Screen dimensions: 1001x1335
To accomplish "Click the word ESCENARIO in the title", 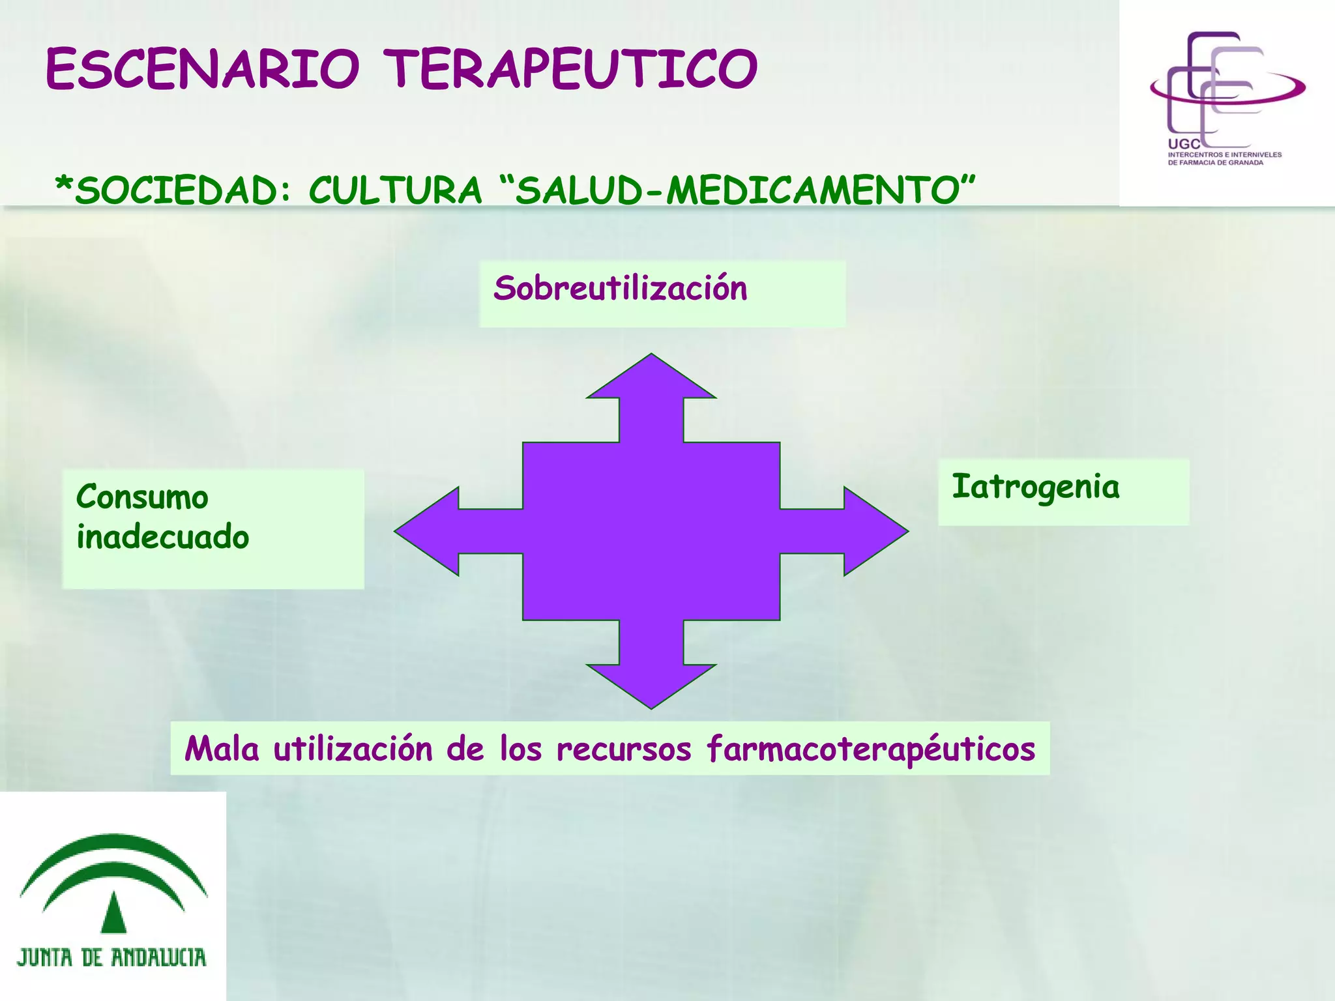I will (x=202, y=69).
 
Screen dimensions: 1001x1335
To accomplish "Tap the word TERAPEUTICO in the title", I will (x=570, y=69).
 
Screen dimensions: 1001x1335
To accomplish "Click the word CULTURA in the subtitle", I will (x=395, y=191).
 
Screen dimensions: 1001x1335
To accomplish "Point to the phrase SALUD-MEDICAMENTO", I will (x=737, y=190).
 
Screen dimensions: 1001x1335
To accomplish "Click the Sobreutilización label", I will (x=620, y=289).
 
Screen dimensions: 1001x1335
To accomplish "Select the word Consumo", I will (x=142, y=497).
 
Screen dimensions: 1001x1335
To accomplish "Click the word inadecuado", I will (x=163, y=538).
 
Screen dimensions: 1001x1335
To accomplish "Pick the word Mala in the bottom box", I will (x=222, y=749).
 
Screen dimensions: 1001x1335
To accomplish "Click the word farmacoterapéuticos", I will (x=871, y=749).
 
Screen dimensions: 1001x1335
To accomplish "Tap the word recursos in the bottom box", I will (x=623, y=749).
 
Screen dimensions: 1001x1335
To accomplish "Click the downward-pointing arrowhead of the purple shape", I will (x=651, y=684).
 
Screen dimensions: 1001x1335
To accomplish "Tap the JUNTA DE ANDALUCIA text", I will (x=111, y=957).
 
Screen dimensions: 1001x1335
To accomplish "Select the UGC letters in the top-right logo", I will (x=1183, y=144).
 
